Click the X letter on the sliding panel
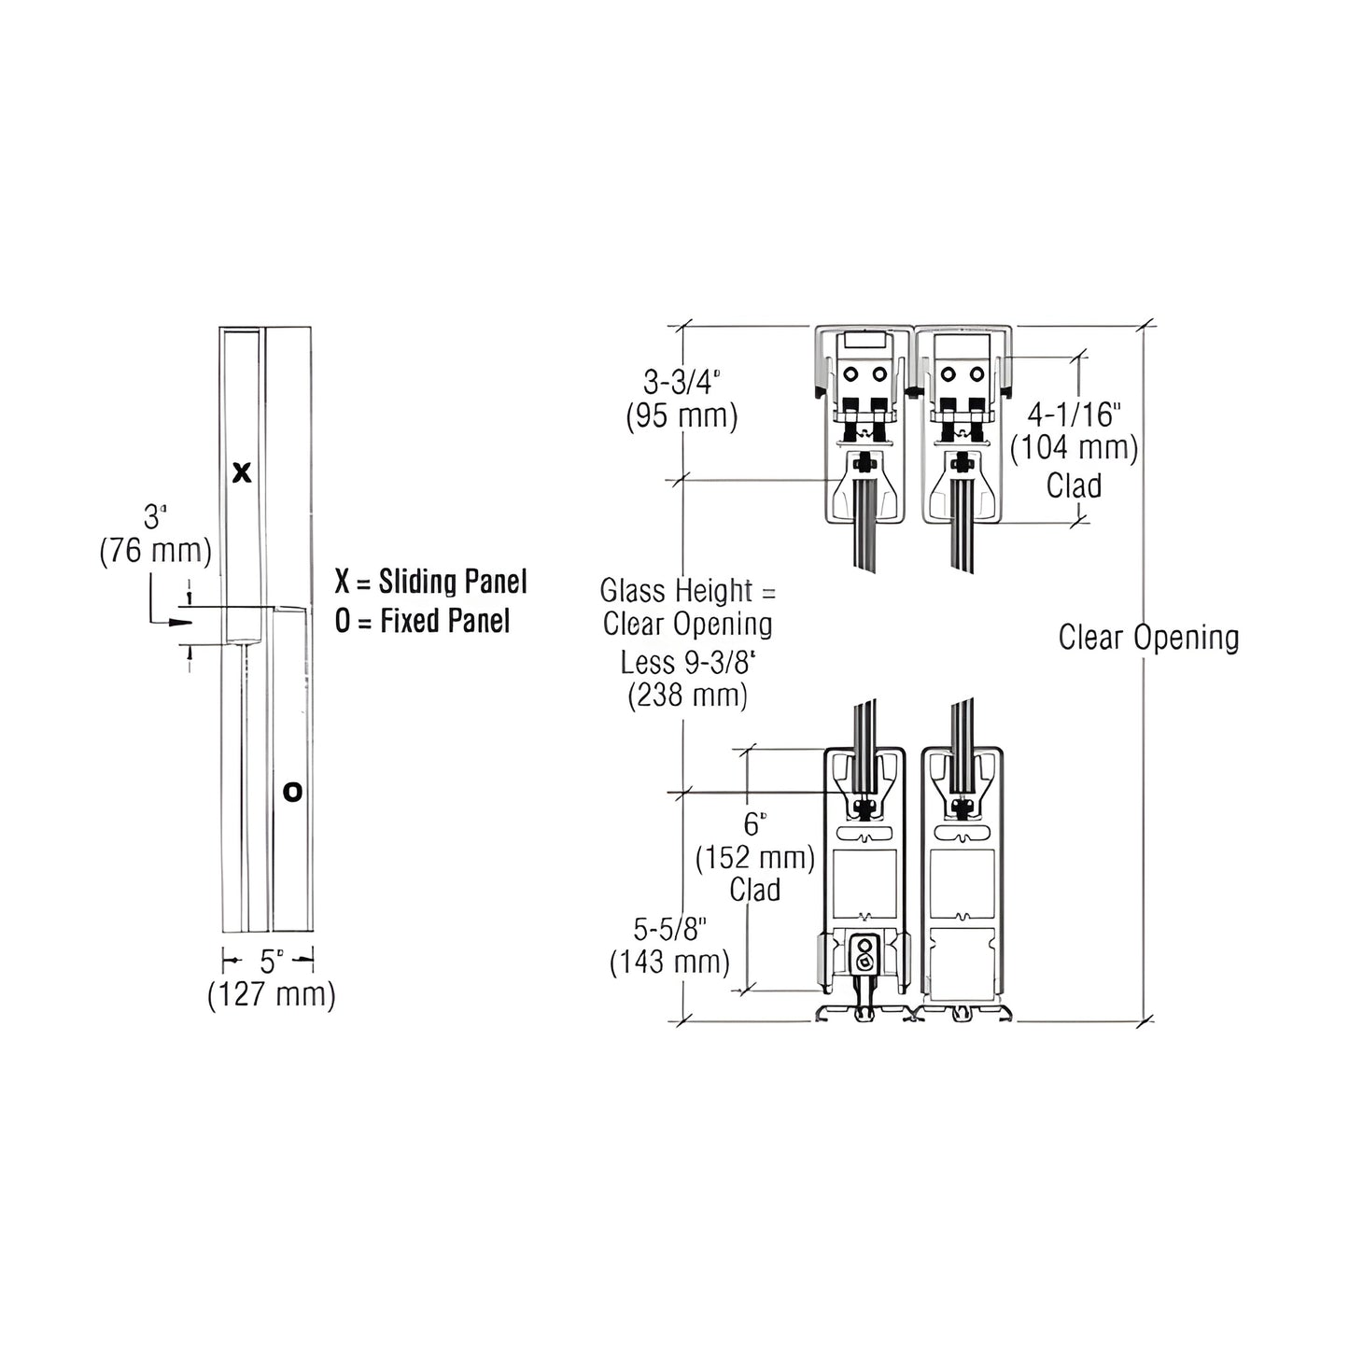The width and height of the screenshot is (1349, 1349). point(242,473)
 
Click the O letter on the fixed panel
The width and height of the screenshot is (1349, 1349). point(292,793)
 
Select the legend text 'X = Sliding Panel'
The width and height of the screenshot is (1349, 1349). point(430,582)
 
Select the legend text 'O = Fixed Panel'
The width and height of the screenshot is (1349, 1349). point(422,621)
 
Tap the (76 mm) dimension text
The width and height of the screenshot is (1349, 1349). point(156,551)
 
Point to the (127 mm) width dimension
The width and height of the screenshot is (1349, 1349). point(271,994)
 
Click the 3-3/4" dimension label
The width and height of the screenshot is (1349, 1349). point(682,382)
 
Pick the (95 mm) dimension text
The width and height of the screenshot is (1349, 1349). point(682,415)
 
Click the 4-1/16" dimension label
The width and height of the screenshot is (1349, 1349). point(1074,414)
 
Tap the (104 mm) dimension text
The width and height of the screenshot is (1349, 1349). point(1074,448)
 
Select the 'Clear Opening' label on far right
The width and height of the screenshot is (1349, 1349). point(1148,638)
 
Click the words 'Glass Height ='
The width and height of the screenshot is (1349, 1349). point(687,591)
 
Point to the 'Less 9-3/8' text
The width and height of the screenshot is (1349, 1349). point(687,662)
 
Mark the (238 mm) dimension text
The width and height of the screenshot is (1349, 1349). point(687,696)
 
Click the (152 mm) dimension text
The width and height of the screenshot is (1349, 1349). point(754,857)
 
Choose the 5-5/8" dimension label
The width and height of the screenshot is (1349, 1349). point(669,929)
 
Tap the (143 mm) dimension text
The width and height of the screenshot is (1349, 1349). point(669,962)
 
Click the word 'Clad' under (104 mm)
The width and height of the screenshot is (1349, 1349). point(1074,485)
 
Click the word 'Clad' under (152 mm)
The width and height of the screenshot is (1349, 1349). point(754,890)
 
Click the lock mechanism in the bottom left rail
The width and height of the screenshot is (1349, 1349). point(864,958)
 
